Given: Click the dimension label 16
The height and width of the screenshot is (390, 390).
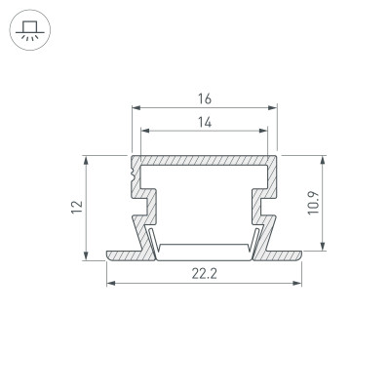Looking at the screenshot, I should tap(204, 99).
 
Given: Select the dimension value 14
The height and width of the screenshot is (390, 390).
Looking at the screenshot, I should tap(204, 122).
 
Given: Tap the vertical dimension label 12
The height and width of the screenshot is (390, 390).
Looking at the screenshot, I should tap(76, 207).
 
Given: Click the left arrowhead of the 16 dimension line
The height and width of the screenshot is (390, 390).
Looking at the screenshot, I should tap(134, 108).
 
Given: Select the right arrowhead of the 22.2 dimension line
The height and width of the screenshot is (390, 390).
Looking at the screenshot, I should tap(298, 284).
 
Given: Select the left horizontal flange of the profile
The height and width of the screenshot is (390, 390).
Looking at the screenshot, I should tap(127, 255).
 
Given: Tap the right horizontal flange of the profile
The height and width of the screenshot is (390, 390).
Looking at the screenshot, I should tap(280, 255).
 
